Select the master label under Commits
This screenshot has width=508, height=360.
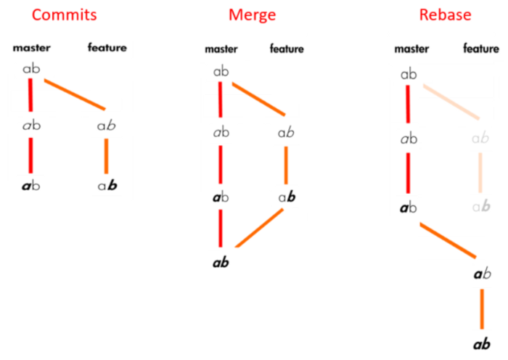coord(30,48)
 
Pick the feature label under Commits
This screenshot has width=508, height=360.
coord(107,48)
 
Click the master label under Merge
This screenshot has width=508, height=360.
coord(221,49)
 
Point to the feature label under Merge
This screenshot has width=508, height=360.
coord(287,49)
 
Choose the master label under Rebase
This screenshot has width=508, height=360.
coord(411,49)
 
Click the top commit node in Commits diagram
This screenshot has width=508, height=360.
coord(31,70)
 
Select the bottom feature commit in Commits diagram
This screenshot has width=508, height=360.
coord(107,185)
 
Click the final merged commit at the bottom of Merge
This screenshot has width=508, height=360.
coord(221,263)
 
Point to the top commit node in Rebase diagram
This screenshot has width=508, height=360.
coord(409,74)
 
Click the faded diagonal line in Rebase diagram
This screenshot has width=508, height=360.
coord(451,103)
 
